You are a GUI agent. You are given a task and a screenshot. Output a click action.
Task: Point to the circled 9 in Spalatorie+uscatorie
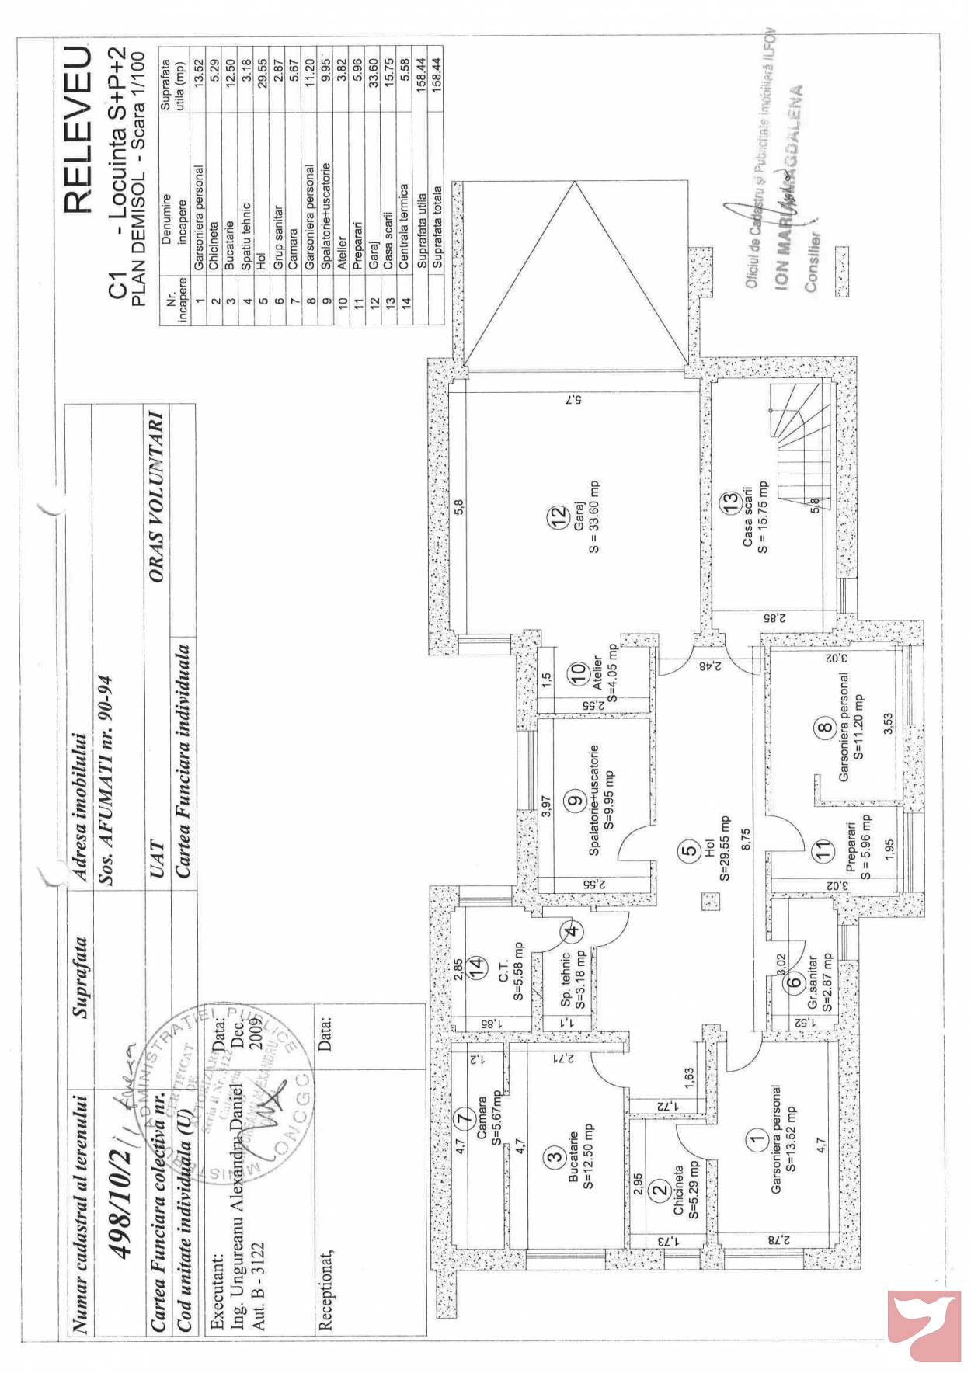(576, 801)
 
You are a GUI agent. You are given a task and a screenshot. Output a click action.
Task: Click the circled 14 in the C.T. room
(476, 968)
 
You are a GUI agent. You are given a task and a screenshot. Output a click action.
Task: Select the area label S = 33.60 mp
(595, 517)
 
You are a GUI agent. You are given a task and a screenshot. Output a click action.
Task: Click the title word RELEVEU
(78, 130)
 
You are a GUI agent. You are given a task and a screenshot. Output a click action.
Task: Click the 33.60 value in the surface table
(374, 74)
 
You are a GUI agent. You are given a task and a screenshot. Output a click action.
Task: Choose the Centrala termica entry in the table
(405, 226)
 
